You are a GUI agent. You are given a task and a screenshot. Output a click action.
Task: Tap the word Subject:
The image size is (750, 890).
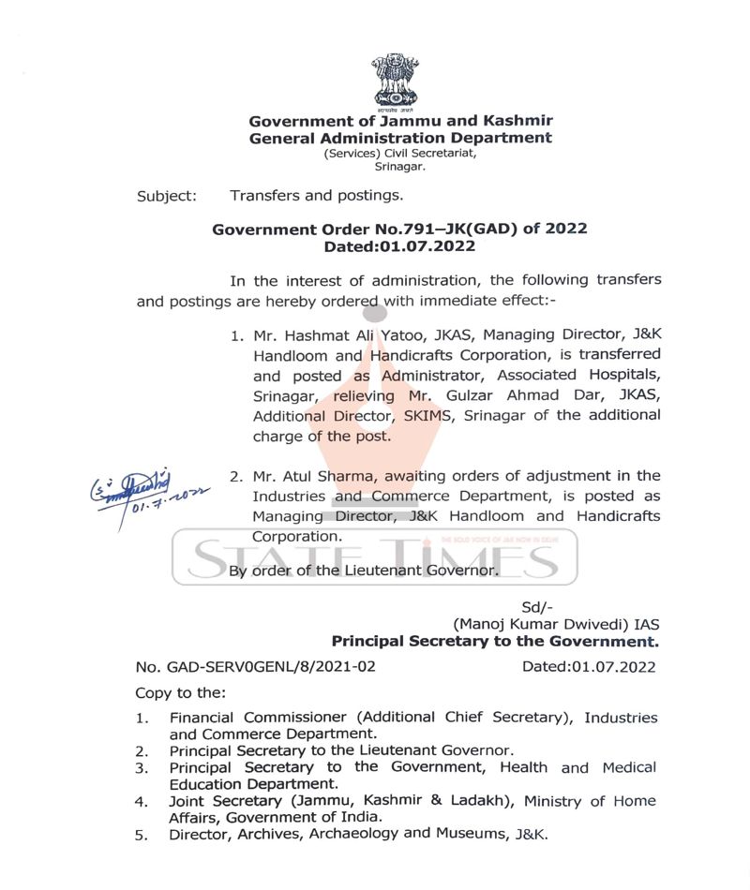point(167,196)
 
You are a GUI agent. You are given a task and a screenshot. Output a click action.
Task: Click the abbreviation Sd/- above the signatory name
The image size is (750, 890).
point(532,607)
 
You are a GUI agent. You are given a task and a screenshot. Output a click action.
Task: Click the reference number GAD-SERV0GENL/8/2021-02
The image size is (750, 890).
point(256,667)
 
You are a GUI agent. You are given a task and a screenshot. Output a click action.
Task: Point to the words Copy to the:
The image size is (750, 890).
point(180,693)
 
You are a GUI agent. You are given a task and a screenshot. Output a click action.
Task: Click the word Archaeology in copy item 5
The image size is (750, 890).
point(352,833)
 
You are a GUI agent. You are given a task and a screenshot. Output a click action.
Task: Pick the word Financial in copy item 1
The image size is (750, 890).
point(204,718)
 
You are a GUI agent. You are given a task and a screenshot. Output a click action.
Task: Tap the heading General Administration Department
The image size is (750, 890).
point(400,138)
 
